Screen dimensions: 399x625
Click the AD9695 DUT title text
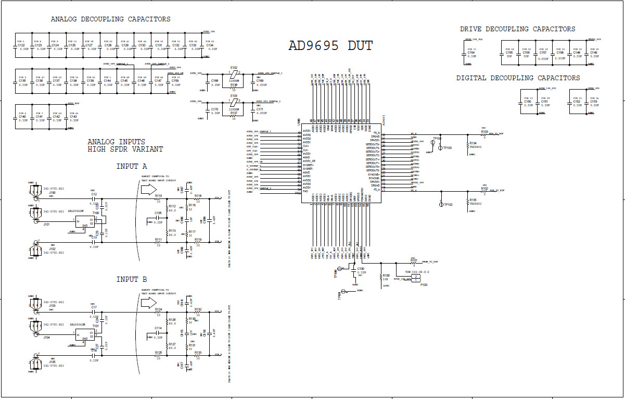330,46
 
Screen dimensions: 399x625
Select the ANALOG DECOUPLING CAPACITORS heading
110,19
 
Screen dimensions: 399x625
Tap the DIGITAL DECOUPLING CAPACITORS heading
518,78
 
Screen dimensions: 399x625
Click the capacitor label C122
21,45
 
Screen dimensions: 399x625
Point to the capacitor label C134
210,45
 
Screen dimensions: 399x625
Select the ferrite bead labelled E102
234,68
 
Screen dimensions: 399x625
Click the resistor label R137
234,113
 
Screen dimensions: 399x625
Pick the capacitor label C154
471,53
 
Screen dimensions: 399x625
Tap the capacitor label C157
543,53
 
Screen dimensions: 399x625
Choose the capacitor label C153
594,102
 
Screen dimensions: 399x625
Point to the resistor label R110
158,196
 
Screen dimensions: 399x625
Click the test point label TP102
448,205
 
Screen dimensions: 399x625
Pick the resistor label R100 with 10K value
386,276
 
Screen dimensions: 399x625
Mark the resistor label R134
473,143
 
